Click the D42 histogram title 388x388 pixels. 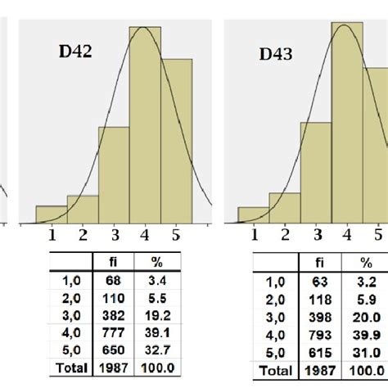74,51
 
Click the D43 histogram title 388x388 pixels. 276,54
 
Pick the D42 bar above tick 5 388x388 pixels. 177,140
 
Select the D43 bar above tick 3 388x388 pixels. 316,172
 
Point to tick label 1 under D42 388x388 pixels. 52,236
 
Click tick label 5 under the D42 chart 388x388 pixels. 175,236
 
